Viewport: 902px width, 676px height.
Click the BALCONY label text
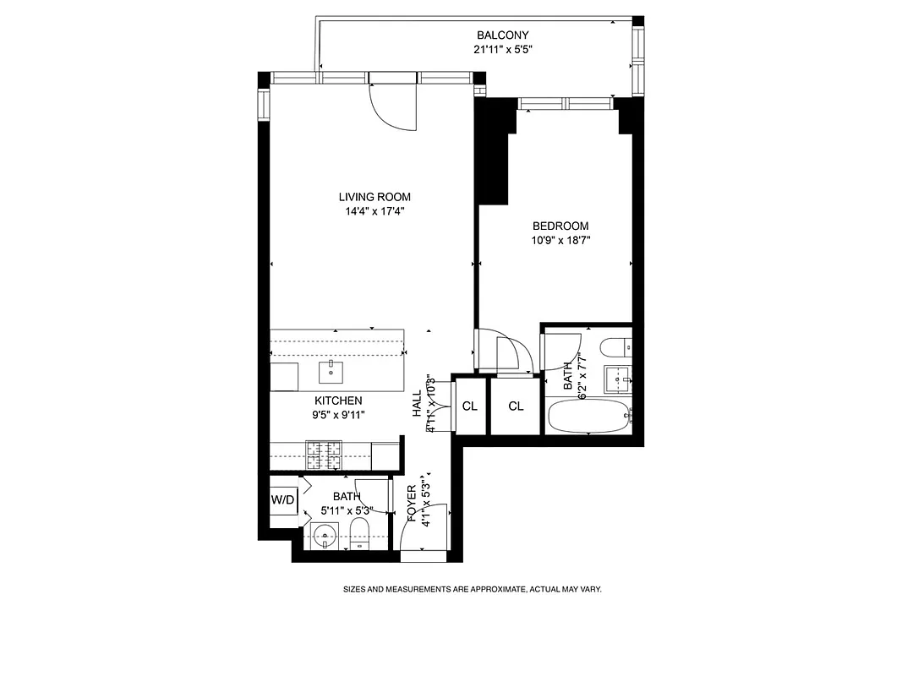coord(502,35)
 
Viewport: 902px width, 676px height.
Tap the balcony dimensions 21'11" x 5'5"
coord(502,49)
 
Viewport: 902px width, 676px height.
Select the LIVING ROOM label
coord(374,197)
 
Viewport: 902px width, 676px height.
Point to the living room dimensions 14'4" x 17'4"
coord(374,211)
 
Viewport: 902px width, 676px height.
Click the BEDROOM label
coord(560,226)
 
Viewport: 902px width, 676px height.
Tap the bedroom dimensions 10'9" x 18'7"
coord(560,240)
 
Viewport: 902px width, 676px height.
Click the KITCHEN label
coord(338,401)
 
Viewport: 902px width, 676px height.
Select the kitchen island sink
coord(330,370)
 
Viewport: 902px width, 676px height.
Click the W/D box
coord(283,500)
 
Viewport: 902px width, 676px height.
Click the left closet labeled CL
coord(469,406)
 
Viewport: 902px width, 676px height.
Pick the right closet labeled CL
coord(516,406)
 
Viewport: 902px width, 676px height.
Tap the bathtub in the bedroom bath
coord(588,417)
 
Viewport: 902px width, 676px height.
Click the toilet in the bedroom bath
coord(613,346)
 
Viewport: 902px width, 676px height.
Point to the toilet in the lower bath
coord(359,533)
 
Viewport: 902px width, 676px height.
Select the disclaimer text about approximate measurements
coord(471,590)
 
